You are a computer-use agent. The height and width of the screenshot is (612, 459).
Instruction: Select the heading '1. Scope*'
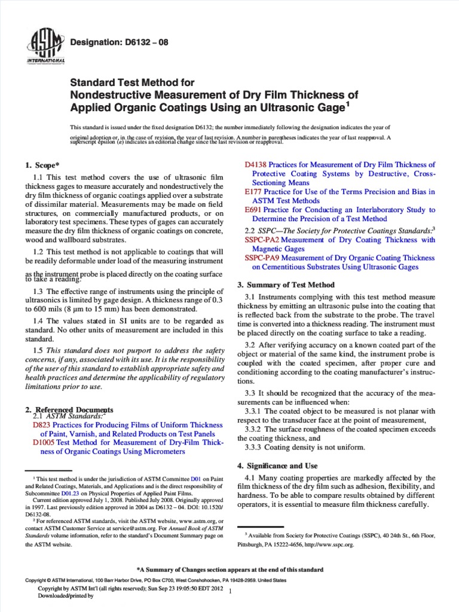[x=44, y=164]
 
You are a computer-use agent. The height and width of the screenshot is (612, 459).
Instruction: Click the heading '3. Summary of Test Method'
[x=286, y=284]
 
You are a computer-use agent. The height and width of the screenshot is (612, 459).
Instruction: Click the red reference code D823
[x=42, y=425]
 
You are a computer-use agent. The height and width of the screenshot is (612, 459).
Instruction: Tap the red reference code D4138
[x=256, y=164]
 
